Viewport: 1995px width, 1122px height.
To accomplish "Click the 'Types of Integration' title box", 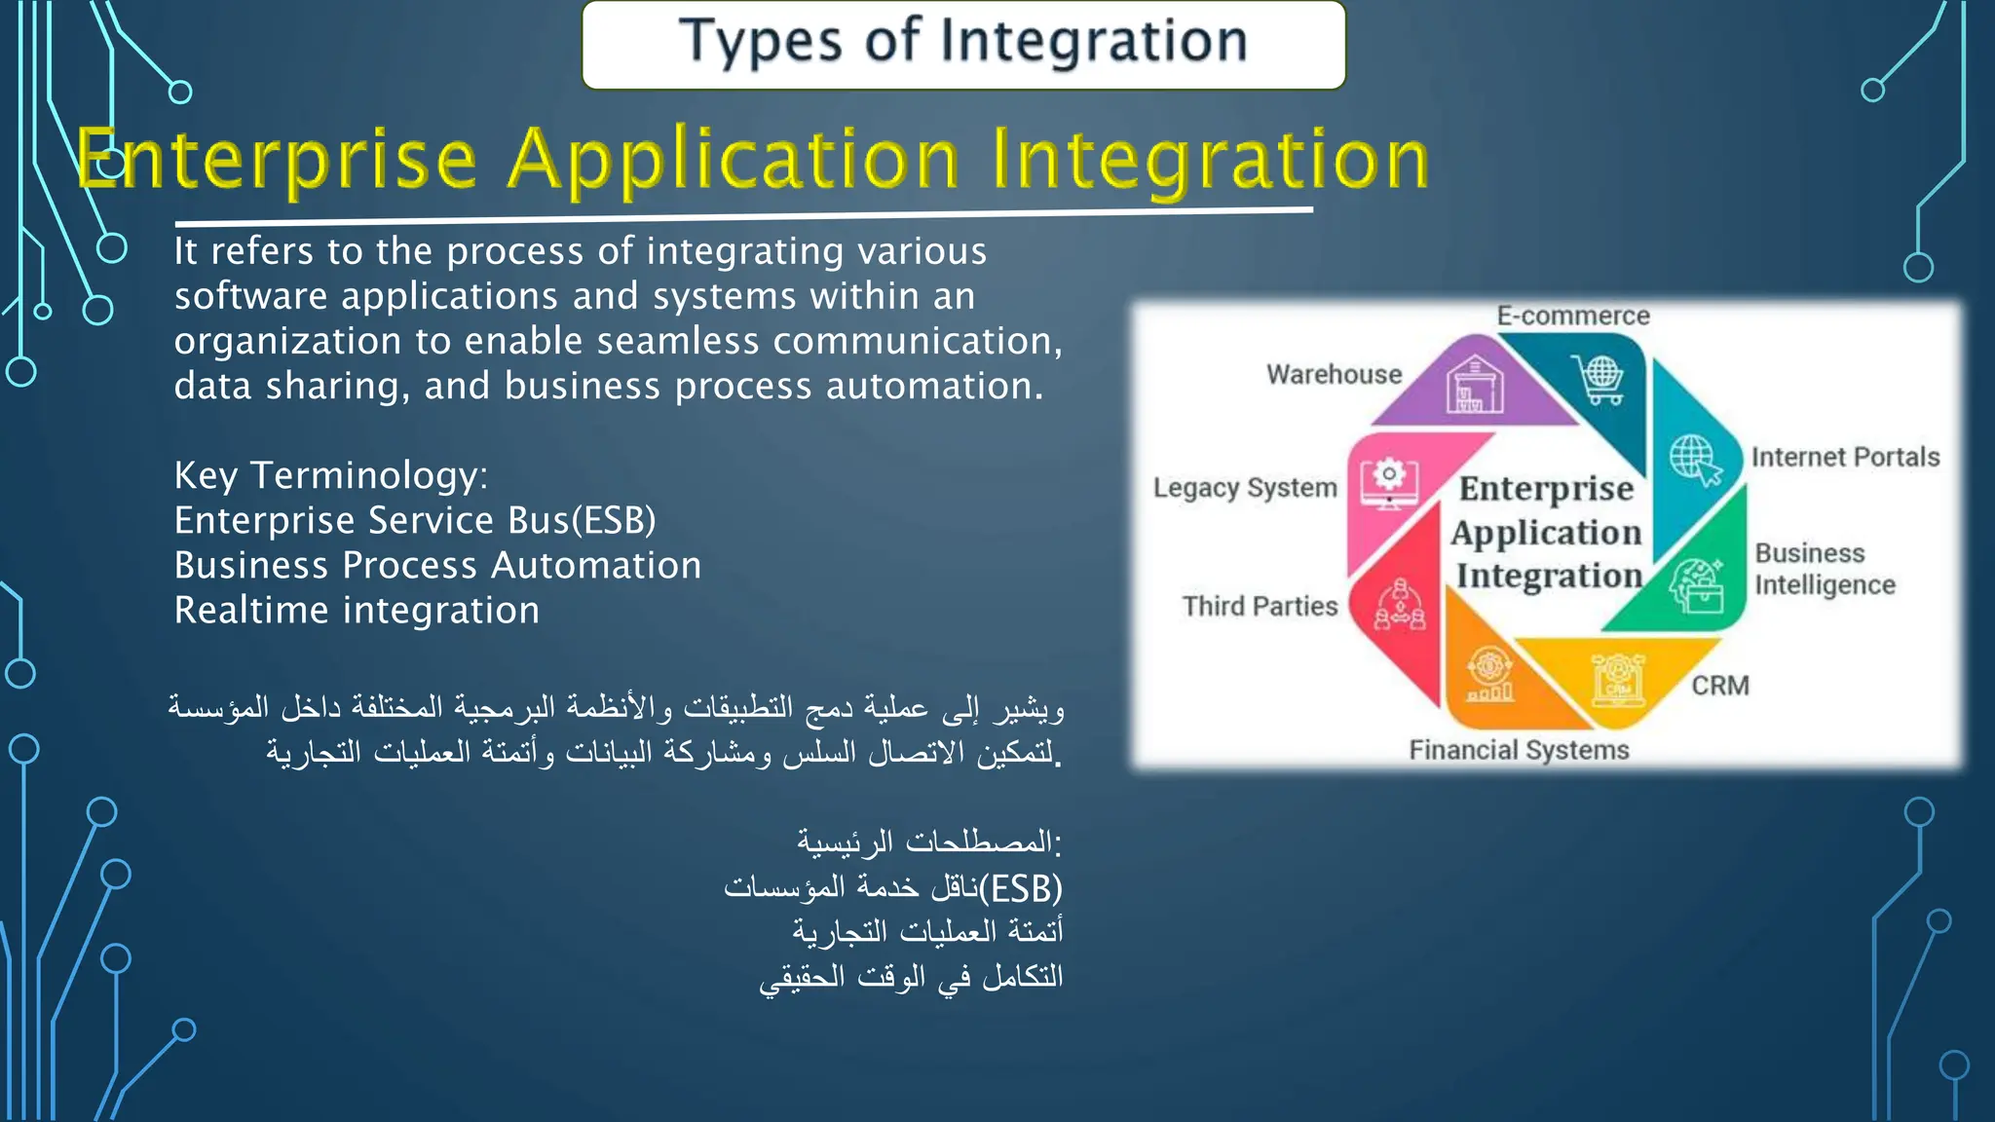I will [962, 44].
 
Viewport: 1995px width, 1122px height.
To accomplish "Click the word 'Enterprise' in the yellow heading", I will [278, 161].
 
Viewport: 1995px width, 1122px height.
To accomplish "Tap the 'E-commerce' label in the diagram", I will [1572, 316].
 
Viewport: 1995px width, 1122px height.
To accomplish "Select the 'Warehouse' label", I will [1334, 374].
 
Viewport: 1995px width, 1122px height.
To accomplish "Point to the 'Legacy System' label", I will [1245, 488].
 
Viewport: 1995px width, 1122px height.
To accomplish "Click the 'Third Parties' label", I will [1260, 606].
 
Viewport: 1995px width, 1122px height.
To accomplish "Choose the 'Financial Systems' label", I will [1519, 750].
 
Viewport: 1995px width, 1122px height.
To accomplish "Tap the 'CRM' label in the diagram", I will [1720, 686].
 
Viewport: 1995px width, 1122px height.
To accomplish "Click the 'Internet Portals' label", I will [1845, 457].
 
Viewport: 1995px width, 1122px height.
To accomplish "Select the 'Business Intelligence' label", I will [1825, 569].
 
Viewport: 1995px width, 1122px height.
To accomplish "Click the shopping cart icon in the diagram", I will [1599, 379].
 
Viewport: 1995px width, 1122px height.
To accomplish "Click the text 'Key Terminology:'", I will [331, 475].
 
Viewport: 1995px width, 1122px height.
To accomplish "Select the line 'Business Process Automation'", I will [437, 566].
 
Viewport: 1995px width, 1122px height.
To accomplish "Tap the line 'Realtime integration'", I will [357, 611].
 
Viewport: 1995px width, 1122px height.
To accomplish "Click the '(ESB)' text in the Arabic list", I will [1021, 888].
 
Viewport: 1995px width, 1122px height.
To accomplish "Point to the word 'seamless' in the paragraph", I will [677, 342].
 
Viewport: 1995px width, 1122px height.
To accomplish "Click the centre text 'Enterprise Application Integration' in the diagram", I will [1547, 532].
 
